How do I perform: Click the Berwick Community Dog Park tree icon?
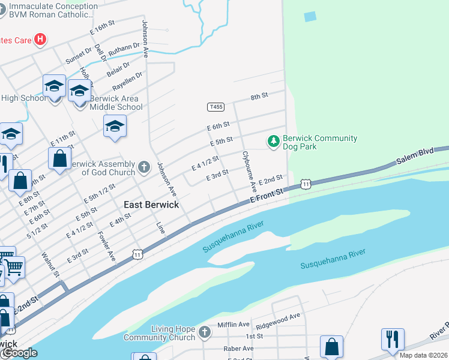point(274,141)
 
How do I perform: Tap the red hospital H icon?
point(40,40)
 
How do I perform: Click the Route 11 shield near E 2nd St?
point(306,184)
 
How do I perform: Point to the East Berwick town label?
point(151,205)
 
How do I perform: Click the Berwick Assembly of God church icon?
point(143,167)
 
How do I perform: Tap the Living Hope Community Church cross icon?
point(204,332)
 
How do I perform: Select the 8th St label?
point(259,96)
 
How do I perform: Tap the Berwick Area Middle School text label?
point(116,103)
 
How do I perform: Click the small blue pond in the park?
point(310,16)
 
